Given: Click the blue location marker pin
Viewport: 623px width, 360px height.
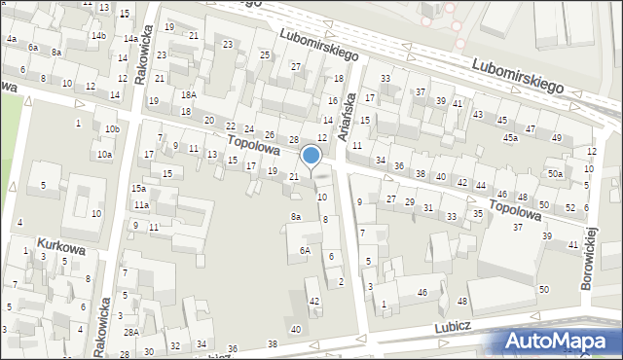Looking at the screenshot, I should coord(311,156).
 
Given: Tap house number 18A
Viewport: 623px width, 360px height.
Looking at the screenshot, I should coord(188,94).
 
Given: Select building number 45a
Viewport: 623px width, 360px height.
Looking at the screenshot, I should coord(510,138).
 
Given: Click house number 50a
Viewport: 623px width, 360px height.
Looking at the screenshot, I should coord(554,173).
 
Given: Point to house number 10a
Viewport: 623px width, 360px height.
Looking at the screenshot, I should coord(104,154).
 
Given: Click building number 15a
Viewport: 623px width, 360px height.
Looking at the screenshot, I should coord(140,188).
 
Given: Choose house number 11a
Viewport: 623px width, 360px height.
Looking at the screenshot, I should coord(141,204).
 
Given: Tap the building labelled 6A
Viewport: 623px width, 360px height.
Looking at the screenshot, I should coord(305,250).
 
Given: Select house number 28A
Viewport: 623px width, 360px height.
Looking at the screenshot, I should coord(130,332).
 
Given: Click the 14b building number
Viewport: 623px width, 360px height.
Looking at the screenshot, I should coord(98,36).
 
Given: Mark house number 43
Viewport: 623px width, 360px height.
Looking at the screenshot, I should coord(477,115).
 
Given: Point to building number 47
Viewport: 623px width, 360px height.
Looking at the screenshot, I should coord(531,128).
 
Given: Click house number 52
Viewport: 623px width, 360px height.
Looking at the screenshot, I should coord(570,208).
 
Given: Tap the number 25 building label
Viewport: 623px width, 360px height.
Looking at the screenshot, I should coord(265,55).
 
